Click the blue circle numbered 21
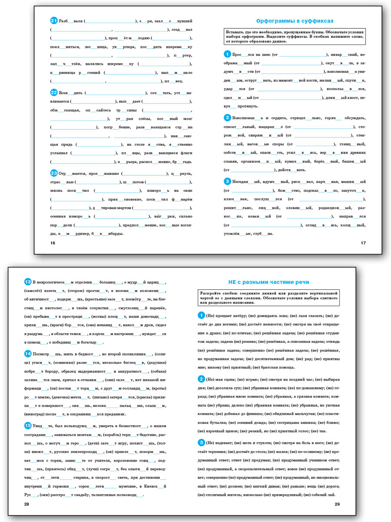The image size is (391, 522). [x=54, y=20]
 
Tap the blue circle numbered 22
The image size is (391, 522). [x=54, y=92]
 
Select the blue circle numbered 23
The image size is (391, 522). [x=54, y=173]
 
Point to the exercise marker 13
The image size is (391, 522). [x=28, y=281]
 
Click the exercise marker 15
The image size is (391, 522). [x=28, y=425]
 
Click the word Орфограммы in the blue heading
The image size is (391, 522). [x=277, y=21]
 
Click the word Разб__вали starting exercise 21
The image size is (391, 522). [x=71, y=21]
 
